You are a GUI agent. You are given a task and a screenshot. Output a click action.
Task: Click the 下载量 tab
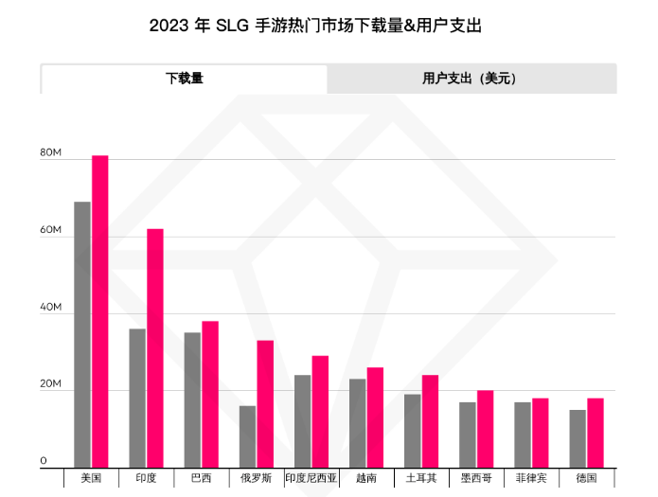tap(185, 79)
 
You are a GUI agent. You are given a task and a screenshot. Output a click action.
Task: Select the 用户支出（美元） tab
tap(471, 79)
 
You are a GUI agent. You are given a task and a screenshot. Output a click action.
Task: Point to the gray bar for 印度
tap(137, 398)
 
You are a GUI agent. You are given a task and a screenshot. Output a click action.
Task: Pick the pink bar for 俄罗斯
tap(265, 403)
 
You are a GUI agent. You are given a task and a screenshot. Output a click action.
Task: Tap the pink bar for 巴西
tap(210, 394)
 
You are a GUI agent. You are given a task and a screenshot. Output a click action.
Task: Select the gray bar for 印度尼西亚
tap(302, 420)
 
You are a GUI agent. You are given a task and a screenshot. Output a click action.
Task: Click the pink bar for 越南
tap(375, 417)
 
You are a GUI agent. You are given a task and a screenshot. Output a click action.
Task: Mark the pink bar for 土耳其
tap(430, 420)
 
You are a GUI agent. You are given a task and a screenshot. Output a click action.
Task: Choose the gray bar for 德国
tap(578, 438)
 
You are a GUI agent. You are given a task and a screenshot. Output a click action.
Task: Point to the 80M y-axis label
tap(50, 152)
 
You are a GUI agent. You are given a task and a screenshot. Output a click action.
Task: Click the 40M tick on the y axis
tap(50, 308)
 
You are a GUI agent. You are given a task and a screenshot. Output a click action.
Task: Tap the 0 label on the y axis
tap(44, 462)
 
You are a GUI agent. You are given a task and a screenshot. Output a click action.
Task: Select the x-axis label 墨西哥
tap(476, 478)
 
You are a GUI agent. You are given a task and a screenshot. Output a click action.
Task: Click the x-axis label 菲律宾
tap(531, 478)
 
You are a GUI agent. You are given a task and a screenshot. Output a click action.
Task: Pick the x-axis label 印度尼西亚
tap(311, 478)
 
